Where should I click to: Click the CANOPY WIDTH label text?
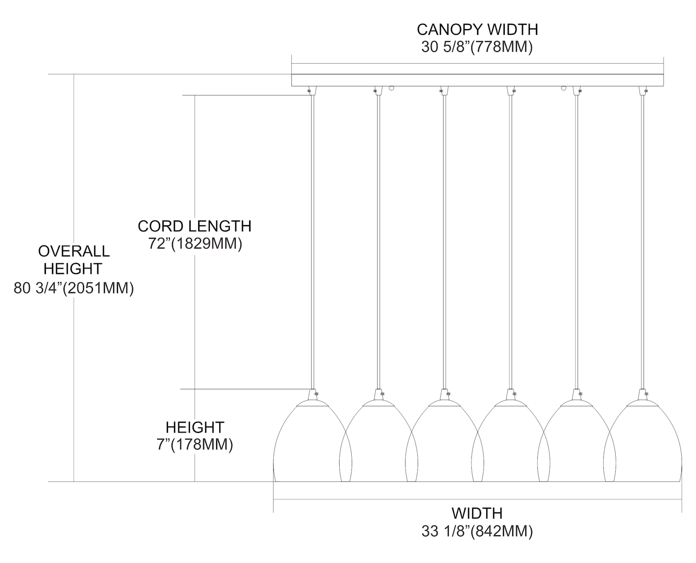click(x=477, y=29)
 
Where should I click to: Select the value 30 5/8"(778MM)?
click(x=477, y=47)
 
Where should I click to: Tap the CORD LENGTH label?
click(x=194, y=226)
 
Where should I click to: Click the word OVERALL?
click(x=74, y=251)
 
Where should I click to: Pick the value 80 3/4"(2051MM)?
click(x=74, y=288)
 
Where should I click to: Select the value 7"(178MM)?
click(x=195, y=445)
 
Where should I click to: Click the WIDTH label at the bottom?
click(x=477, y=513)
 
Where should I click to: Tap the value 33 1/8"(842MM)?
click(x=477, y=531)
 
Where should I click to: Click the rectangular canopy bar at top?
click(x=477, y=80)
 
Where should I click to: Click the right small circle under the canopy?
click(x=564, y=88)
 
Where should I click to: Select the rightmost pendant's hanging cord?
click(x=643, y=242)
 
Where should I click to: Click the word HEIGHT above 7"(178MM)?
click(x=195, y=427)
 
